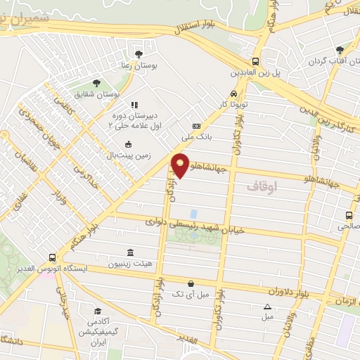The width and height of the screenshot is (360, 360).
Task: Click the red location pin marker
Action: click(x=181, y=165)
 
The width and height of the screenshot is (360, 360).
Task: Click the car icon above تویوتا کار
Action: click(x=232, y=94)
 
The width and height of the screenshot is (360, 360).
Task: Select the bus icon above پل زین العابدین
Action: click(x=256, y=60)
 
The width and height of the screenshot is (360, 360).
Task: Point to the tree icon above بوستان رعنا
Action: click(x=139, y=53)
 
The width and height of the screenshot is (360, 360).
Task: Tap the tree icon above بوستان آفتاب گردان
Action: click(x=340, y=50)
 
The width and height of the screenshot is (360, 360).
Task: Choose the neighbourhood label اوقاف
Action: click(x=263, y=187)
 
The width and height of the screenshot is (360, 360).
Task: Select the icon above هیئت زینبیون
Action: click(x=129, y=252)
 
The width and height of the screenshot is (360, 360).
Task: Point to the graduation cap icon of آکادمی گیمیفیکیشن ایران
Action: click(x=98, y=311)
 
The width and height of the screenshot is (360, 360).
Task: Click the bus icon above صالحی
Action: click(x=349, y=215)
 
